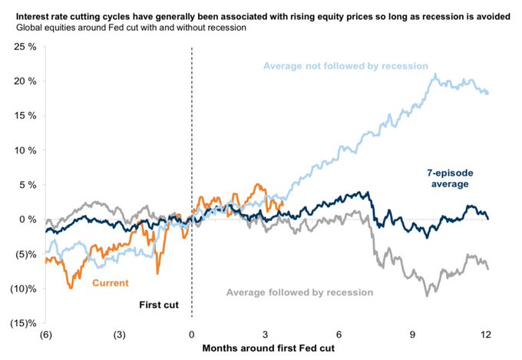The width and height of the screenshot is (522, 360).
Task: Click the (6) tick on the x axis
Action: pyautogui.click(x=45, y=335)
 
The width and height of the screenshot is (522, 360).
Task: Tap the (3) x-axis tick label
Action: pyautogui.click(x=117, y=335)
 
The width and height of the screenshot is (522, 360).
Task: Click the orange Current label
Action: pyautogui.click(x=109, y=283)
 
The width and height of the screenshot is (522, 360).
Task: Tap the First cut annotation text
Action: pyautogui.click(x=159, y=305)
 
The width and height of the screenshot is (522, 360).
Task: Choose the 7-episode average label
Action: pyautogui.click(x=446, y=177)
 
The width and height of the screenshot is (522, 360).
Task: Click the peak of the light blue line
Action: pyautogui.click(x=436, y=74)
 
